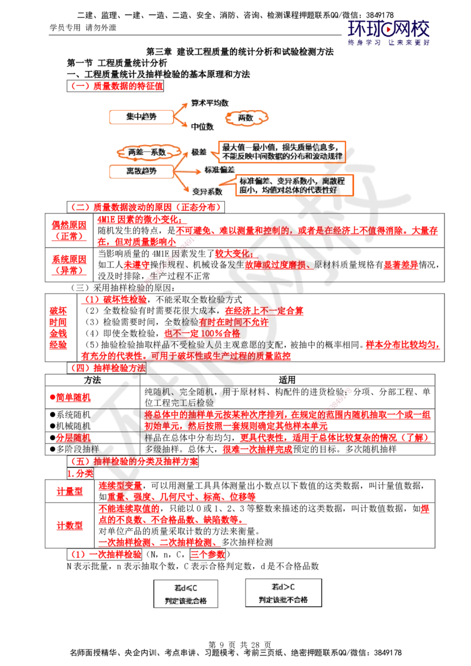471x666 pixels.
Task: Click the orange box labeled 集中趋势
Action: tap(141, 118)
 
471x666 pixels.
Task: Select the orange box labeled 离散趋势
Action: tap(141, 171)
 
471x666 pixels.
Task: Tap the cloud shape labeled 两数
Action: tap(247, 118)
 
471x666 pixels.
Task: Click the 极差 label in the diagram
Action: tap(197, 152)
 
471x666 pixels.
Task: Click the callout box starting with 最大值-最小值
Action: tap(281, 151)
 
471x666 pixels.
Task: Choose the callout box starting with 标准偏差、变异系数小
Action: tap(294, 185)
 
